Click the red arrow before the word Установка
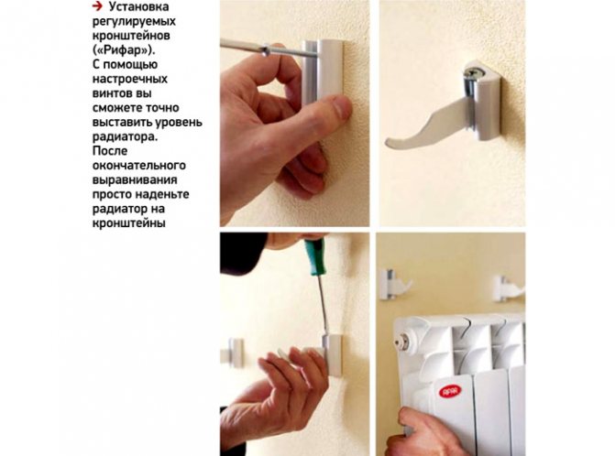[97, 5]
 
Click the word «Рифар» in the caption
[124, 50]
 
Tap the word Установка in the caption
[138, 6]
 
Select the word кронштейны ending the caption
[128, 223]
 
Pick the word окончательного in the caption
[138, 166]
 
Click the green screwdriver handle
[316, 257]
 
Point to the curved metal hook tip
[389, 143]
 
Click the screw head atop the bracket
[470, 73]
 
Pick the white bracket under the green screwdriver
[333, 354]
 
